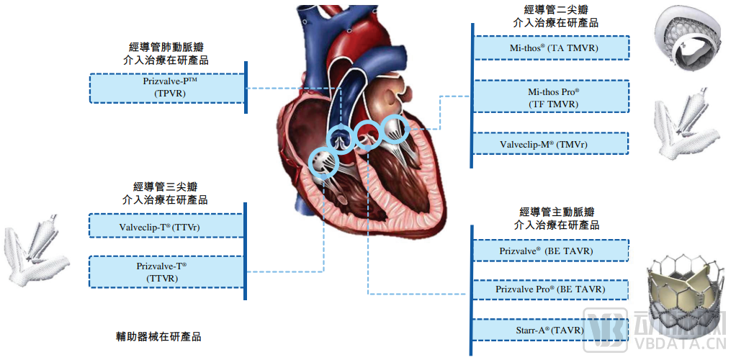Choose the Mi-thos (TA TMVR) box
tap(552, 48)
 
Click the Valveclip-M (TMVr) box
tap(552, 144)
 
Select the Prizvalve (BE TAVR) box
tap(550, 251)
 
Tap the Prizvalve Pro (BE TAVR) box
tap(550, 289)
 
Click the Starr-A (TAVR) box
tap(550, 330)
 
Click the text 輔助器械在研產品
tap(158, 336)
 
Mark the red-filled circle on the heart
tap(367, 132)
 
